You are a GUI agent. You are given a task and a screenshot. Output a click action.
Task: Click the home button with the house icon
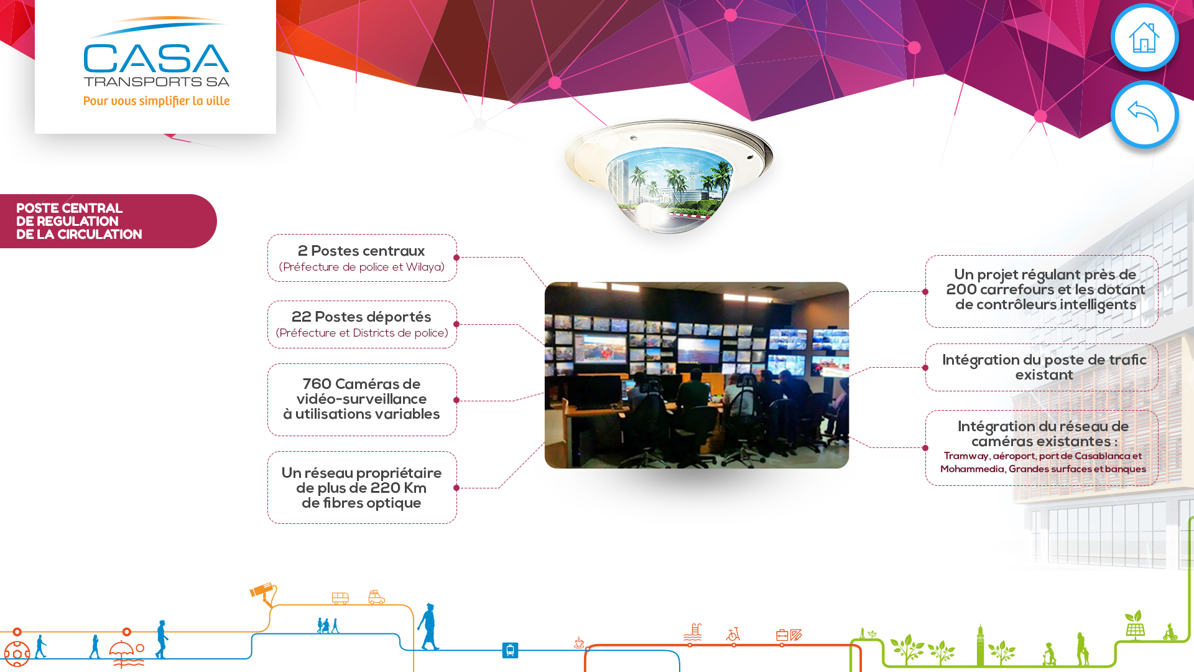pos(1144,37)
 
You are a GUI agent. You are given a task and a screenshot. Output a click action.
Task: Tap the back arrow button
pos(1144,114)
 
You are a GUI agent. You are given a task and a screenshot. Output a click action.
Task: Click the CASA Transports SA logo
pos(156,61)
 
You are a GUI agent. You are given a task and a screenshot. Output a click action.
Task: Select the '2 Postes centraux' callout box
pos(362,258)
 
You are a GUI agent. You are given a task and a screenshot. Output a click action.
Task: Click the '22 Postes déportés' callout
pos(362,324)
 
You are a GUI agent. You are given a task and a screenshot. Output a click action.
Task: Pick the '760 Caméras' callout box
pos(362,399)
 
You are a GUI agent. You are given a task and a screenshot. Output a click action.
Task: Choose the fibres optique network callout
pos(362,487)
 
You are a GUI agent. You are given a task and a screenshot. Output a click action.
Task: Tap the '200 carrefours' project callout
pos(1042,291)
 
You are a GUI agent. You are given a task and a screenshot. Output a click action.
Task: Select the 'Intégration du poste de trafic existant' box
pos(1042,367)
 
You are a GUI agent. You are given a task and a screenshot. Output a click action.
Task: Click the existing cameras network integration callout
pos(1042,447)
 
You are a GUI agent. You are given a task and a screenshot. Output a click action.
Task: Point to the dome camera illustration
pos(669,176)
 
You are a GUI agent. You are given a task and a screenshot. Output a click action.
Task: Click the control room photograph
pos(696,375)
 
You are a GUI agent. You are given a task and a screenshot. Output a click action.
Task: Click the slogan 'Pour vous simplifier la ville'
pos(157,101)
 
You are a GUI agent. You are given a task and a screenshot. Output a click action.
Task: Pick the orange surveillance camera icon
pos(263,594)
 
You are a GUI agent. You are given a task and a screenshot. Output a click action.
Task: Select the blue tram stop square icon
pos(510,650)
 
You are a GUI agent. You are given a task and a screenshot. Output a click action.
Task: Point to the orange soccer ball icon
pos(17,654)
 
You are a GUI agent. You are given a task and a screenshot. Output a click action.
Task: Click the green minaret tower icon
pos(981,645)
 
